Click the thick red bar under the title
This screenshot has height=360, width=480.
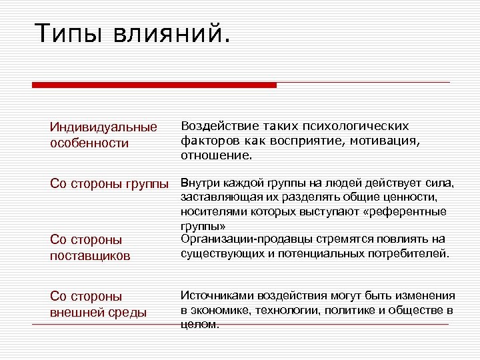click(154, 85)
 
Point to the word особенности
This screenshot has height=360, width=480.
click(89, 143)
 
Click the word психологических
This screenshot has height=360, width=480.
click(357, 126)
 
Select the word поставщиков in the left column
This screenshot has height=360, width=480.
click(90, 255)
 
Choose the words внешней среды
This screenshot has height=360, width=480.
click(98, 312)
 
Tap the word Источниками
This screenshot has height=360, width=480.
click(217, 295)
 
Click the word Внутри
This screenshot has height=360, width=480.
click(198, 183)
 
